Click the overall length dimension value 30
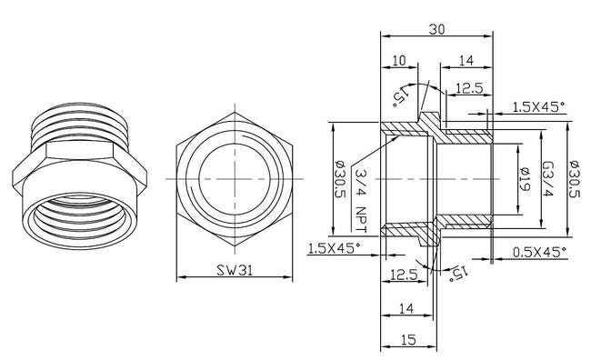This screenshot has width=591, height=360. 437,28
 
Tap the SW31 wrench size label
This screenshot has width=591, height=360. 235,271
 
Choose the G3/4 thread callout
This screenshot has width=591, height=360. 549,179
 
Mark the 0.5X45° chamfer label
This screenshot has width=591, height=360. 539,250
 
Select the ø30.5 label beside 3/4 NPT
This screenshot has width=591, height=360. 339,179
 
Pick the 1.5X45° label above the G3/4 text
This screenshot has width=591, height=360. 537,106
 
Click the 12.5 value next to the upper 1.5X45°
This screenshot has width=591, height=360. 468,87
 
